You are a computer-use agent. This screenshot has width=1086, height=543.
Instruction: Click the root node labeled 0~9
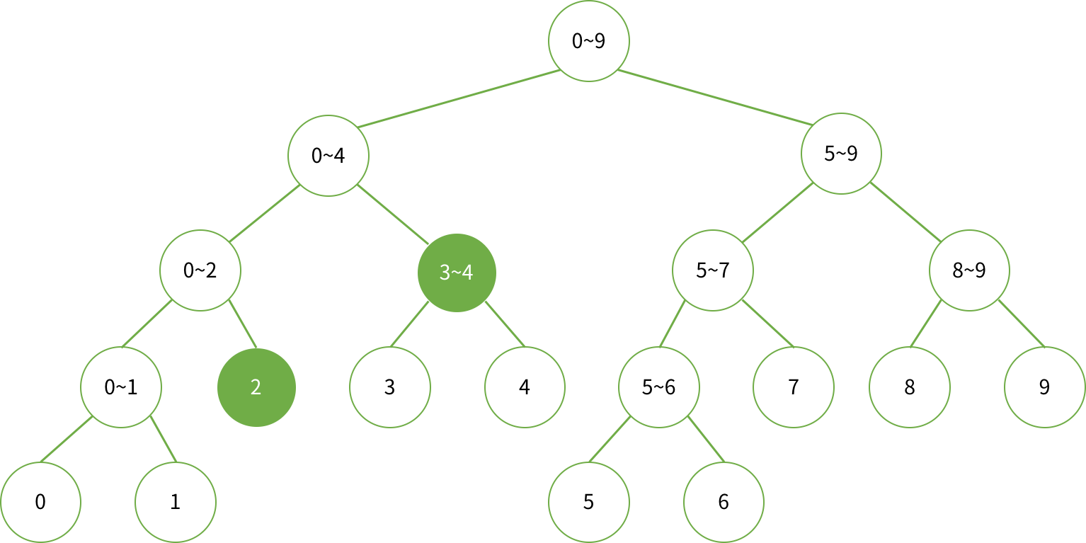point(588,40)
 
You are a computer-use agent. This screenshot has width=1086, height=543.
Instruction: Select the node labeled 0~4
point(328,155)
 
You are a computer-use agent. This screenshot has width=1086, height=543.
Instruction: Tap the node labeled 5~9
point(841,154)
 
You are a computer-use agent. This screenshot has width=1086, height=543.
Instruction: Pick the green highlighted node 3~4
point(457,272)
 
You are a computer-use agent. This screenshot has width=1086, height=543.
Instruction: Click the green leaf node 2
point(256,387)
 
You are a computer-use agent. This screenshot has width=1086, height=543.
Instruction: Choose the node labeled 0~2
point(200,270)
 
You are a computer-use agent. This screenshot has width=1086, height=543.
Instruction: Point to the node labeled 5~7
point(712,270)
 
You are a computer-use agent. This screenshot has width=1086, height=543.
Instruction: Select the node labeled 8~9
point(969,270)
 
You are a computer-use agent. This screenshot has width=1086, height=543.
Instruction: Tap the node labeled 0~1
point(121,387)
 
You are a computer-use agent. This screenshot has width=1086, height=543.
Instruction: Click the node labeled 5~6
point(658,387)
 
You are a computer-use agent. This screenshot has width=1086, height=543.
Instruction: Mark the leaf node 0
point(40,502)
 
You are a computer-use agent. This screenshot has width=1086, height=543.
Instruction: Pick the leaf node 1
point(175,502)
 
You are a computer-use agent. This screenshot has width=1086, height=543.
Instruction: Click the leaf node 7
point(793,387)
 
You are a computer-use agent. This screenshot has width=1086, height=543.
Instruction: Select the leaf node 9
point(1044,387)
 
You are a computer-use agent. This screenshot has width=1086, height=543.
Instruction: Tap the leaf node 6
point(723,502)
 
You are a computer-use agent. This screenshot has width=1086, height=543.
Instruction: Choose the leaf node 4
point(525,387)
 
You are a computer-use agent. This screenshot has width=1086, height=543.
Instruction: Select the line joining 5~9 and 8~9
point(905,212)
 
